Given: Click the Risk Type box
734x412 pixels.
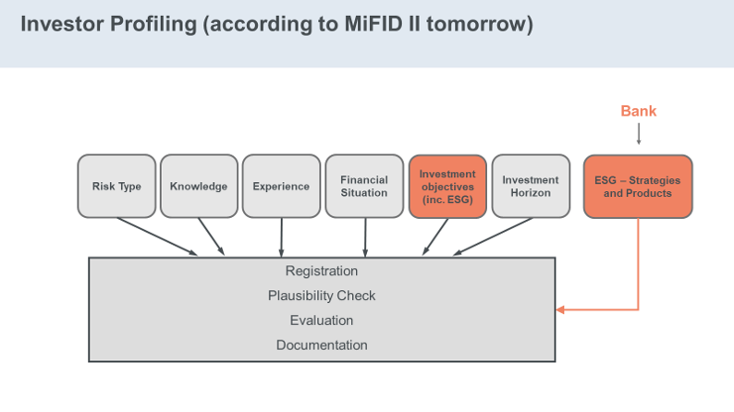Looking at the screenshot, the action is [116, 186].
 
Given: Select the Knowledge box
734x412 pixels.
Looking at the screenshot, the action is [199, 186].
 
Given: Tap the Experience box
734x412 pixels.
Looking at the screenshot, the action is [281, 186].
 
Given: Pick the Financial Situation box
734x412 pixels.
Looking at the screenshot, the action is [364, 186].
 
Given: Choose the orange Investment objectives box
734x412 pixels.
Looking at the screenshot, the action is [447, 186].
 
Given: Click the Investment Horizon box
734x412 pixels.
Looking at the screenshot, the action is [531, 186].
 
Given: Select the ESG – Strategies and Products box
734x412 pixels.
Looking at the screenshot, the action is [638, 186].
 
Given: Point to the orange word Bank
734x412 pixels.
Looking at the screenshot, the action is [639, 111].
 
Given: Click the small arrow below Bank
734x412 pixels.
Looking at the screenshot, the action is [639, 134].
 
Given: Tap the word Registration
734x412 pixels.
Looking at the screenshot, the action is [322, 272].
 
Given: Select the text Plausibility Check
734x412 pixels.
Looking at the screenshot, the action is [322, 296].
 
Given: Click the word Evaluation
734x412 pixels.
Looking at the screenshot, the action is [322, 321].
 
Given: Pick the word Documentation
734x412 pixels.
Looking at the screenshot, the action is [322, 345].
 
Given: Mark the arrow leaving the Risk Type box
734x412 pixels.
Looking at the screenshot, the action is [157, 236].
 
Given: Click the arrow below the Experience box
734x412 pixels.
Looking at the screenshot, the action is [281, 237].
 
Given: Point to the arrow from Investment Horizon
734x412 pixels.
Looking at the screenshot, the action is [493, 236].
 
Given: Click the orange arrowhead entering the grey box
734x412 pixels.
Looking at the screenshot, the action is [560, 309].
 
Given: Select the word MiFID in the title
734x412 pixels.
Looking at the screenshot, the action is [373, 24].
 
